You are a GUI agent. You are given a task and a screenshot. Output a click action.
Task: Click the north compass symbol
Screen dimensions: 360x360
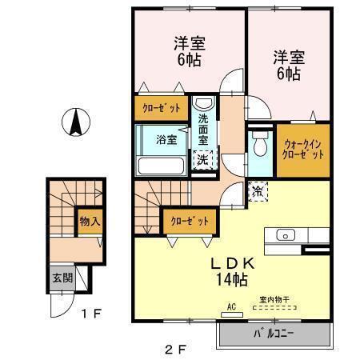click(x=74, y=122)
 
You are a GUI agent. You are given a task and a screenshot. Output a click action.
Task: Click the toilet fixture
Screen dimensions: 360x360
click(x=259, y=146)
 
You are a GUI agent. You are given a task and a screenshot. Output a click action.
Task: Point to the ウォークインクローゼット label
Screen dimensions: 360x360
click(x=302, y=149)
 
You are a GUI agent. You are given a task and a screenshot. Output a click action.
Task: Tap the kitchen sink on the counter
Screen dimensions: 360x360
click(x=283, y=235)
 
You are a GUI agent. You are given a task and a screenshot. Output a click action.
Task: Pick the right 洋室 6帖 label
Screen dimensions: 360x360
click(x=286, y=64)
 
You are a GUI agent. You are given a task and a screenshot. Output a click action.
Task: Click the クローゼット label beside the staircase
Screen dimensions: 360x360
click(x=189, y=220)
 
